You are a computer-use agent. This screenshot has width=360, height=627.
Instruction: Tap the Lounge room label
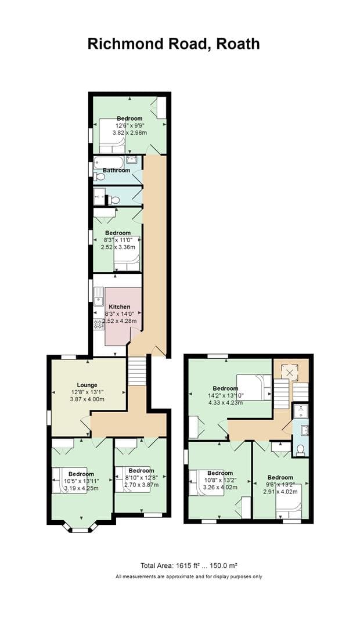click(87, 384)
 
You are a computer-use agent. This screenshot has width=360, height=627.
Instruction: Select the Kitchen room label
click(119, 307)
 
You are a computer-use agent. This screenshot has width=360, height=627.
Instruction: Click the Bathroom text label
click(116, 170)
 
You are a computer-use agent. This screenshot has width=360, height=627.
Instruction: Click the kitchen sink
click(99, 301)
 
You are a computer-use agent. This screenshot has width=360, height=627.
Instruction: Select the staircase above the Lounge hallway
click(137, 371)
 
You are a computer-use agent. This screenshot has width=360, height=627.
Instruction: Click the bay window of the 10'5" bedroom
click(80, 529)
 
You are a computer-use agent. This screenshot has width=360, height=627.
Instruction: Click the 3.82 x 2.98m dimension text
click(129, 132)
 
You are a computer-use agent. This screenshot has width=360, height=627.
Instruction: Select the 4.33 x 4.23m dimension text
click(225, 402)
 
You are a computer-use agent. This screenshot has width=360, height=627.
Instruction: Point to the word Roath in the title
click(238, 44)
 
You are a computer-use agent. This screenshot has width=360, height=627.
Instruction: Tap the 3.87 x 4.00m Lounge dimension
click(87, 399)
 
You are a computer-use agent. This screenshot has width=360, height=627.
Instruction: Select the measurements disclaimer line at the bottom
click(189, 576)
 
